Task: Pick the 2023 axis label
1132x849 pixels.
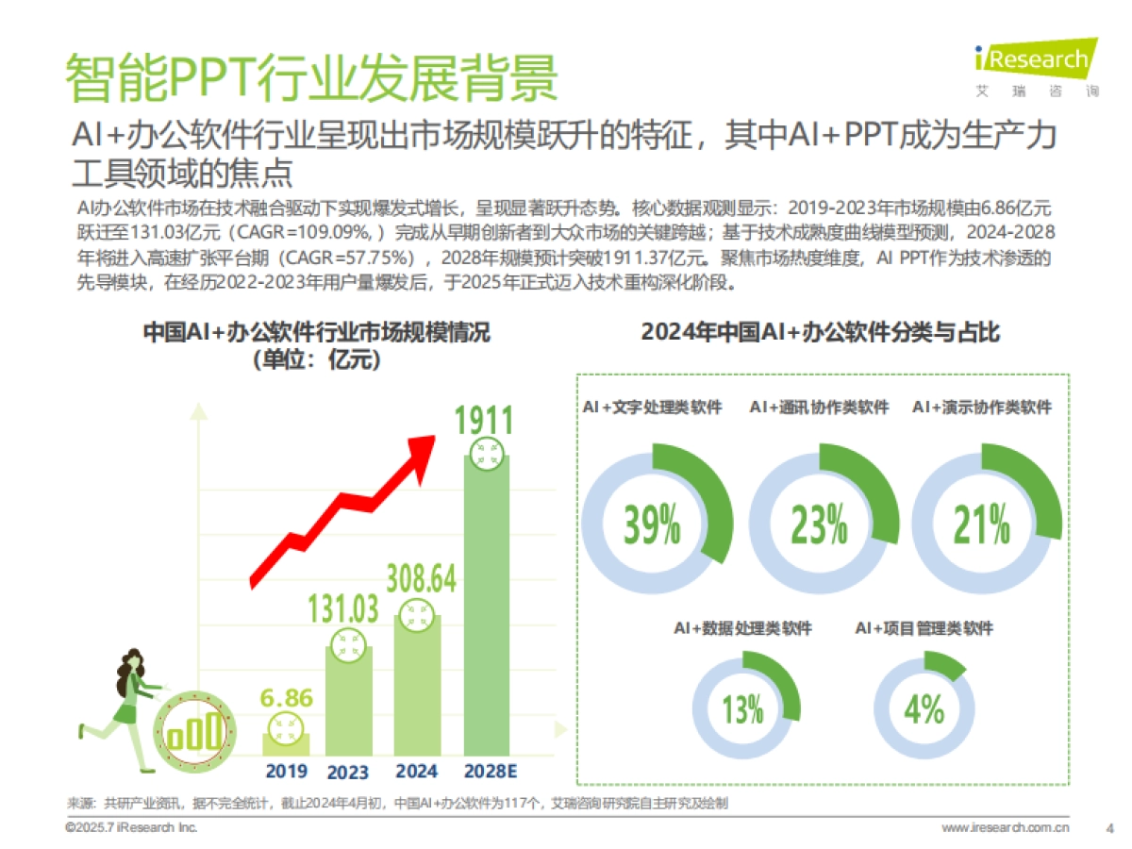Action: [x=348, y=772]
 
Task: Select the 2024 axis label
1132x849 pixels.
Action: [x=416, y=771]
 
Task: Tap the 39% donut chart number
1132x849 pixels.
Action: [x=652, y=524]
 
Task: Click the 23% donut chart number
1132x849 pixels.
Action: [x=819, y=524]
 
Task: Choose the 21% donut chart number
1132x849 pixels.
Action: [x=982, y=524]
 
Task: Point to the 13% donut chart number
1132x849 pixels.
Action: [x=742, y=709]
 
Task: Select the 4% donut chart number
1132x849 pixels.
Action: [x=924, y=709]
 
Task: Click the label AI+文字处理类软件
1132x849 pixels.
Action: [x=653, y=408]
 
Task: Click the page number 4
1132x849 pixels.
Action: [x=1109, y=828]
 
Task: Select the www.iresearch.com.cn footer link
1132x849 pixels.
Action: [x=1006, y=828]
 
